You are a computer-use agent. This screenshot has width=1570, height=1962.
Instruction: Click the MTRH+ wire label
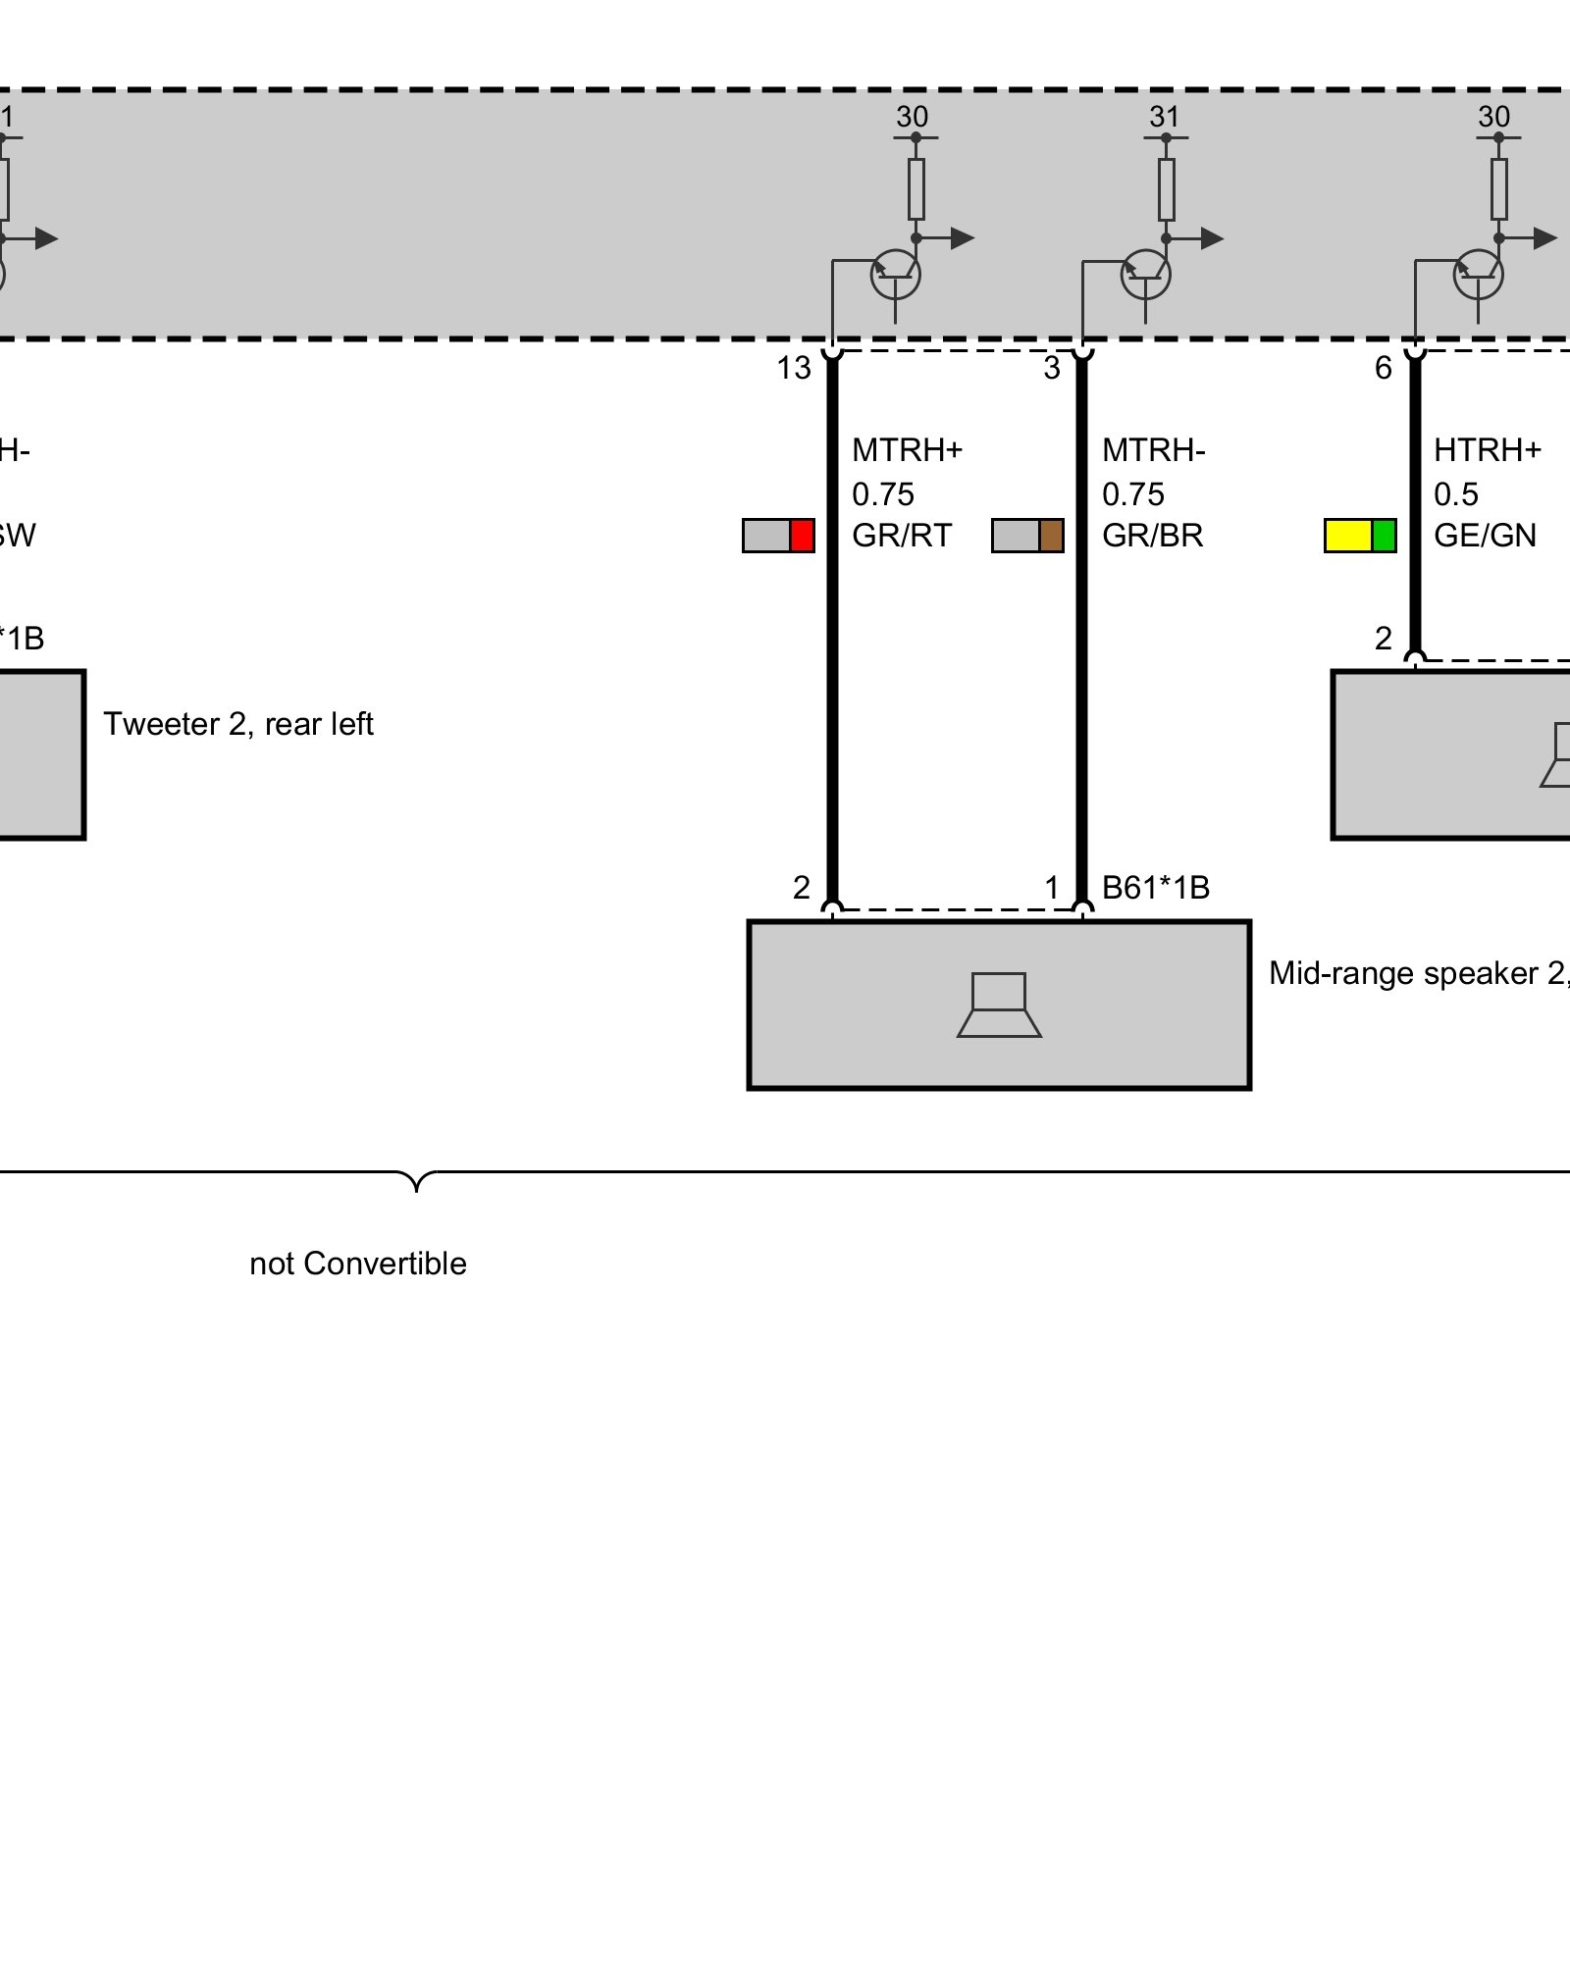(x=907, y=450)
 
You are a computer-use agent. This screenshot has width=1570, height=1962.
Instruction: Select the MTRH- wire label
(x=1153, y=450)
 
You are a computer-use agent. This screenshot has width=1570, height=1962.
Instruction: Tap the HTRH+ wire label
(x=1487, y=450)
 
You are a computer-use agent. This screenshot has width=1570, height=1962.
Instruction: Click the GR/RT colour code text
(x=902, y=536)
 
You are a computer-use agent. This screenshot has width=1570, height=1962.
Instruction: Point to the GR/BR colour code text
(x=1152, y=536)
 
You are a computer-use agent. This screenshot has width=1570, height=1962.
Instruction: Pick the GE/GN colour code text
(x=1485, y=536)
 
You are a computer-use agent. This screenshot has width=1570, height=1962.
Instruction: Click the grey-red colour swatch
(x=778, y=536)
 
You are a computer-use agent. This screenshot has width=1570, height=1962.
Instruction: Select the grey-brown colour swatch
(x=1027, y=536)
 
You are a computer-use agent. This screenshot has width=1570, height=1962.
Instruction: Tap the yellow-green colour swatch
(x=1360, y=536)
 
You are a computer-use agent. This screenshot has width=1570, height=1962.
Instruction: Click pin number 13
(x=794, y=368)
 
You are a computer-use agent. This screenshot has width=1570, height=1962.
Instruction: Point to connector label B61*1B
(x=1155, y=888)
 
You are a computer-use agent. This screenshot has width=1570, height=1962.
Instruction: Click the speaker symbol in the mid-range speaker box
(x=999, y=1005)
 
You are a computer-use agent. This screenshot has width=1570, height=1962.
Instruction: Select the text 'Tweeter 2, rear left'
(x=238, y=724)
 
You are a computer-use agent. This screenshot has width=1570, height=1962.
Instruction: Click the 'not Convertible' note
(x=358, y=1264)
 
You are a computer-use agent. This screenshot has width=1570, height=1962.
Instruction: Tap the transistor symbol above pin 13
(x=895, y=275)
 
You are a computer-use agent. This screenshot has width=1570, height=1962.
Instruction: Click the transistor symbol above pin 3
(x=1145, y=275)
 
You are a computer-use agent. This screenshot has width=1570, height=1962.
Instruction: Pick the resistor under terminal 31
(x=1166, y=188)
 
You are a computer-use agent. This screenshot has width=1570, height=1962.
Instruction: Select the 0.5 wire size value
(x=1455, y=493)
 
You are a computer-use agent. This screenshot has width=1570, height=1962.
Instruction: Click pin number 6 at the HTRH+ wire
(x=1383, y=368)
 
